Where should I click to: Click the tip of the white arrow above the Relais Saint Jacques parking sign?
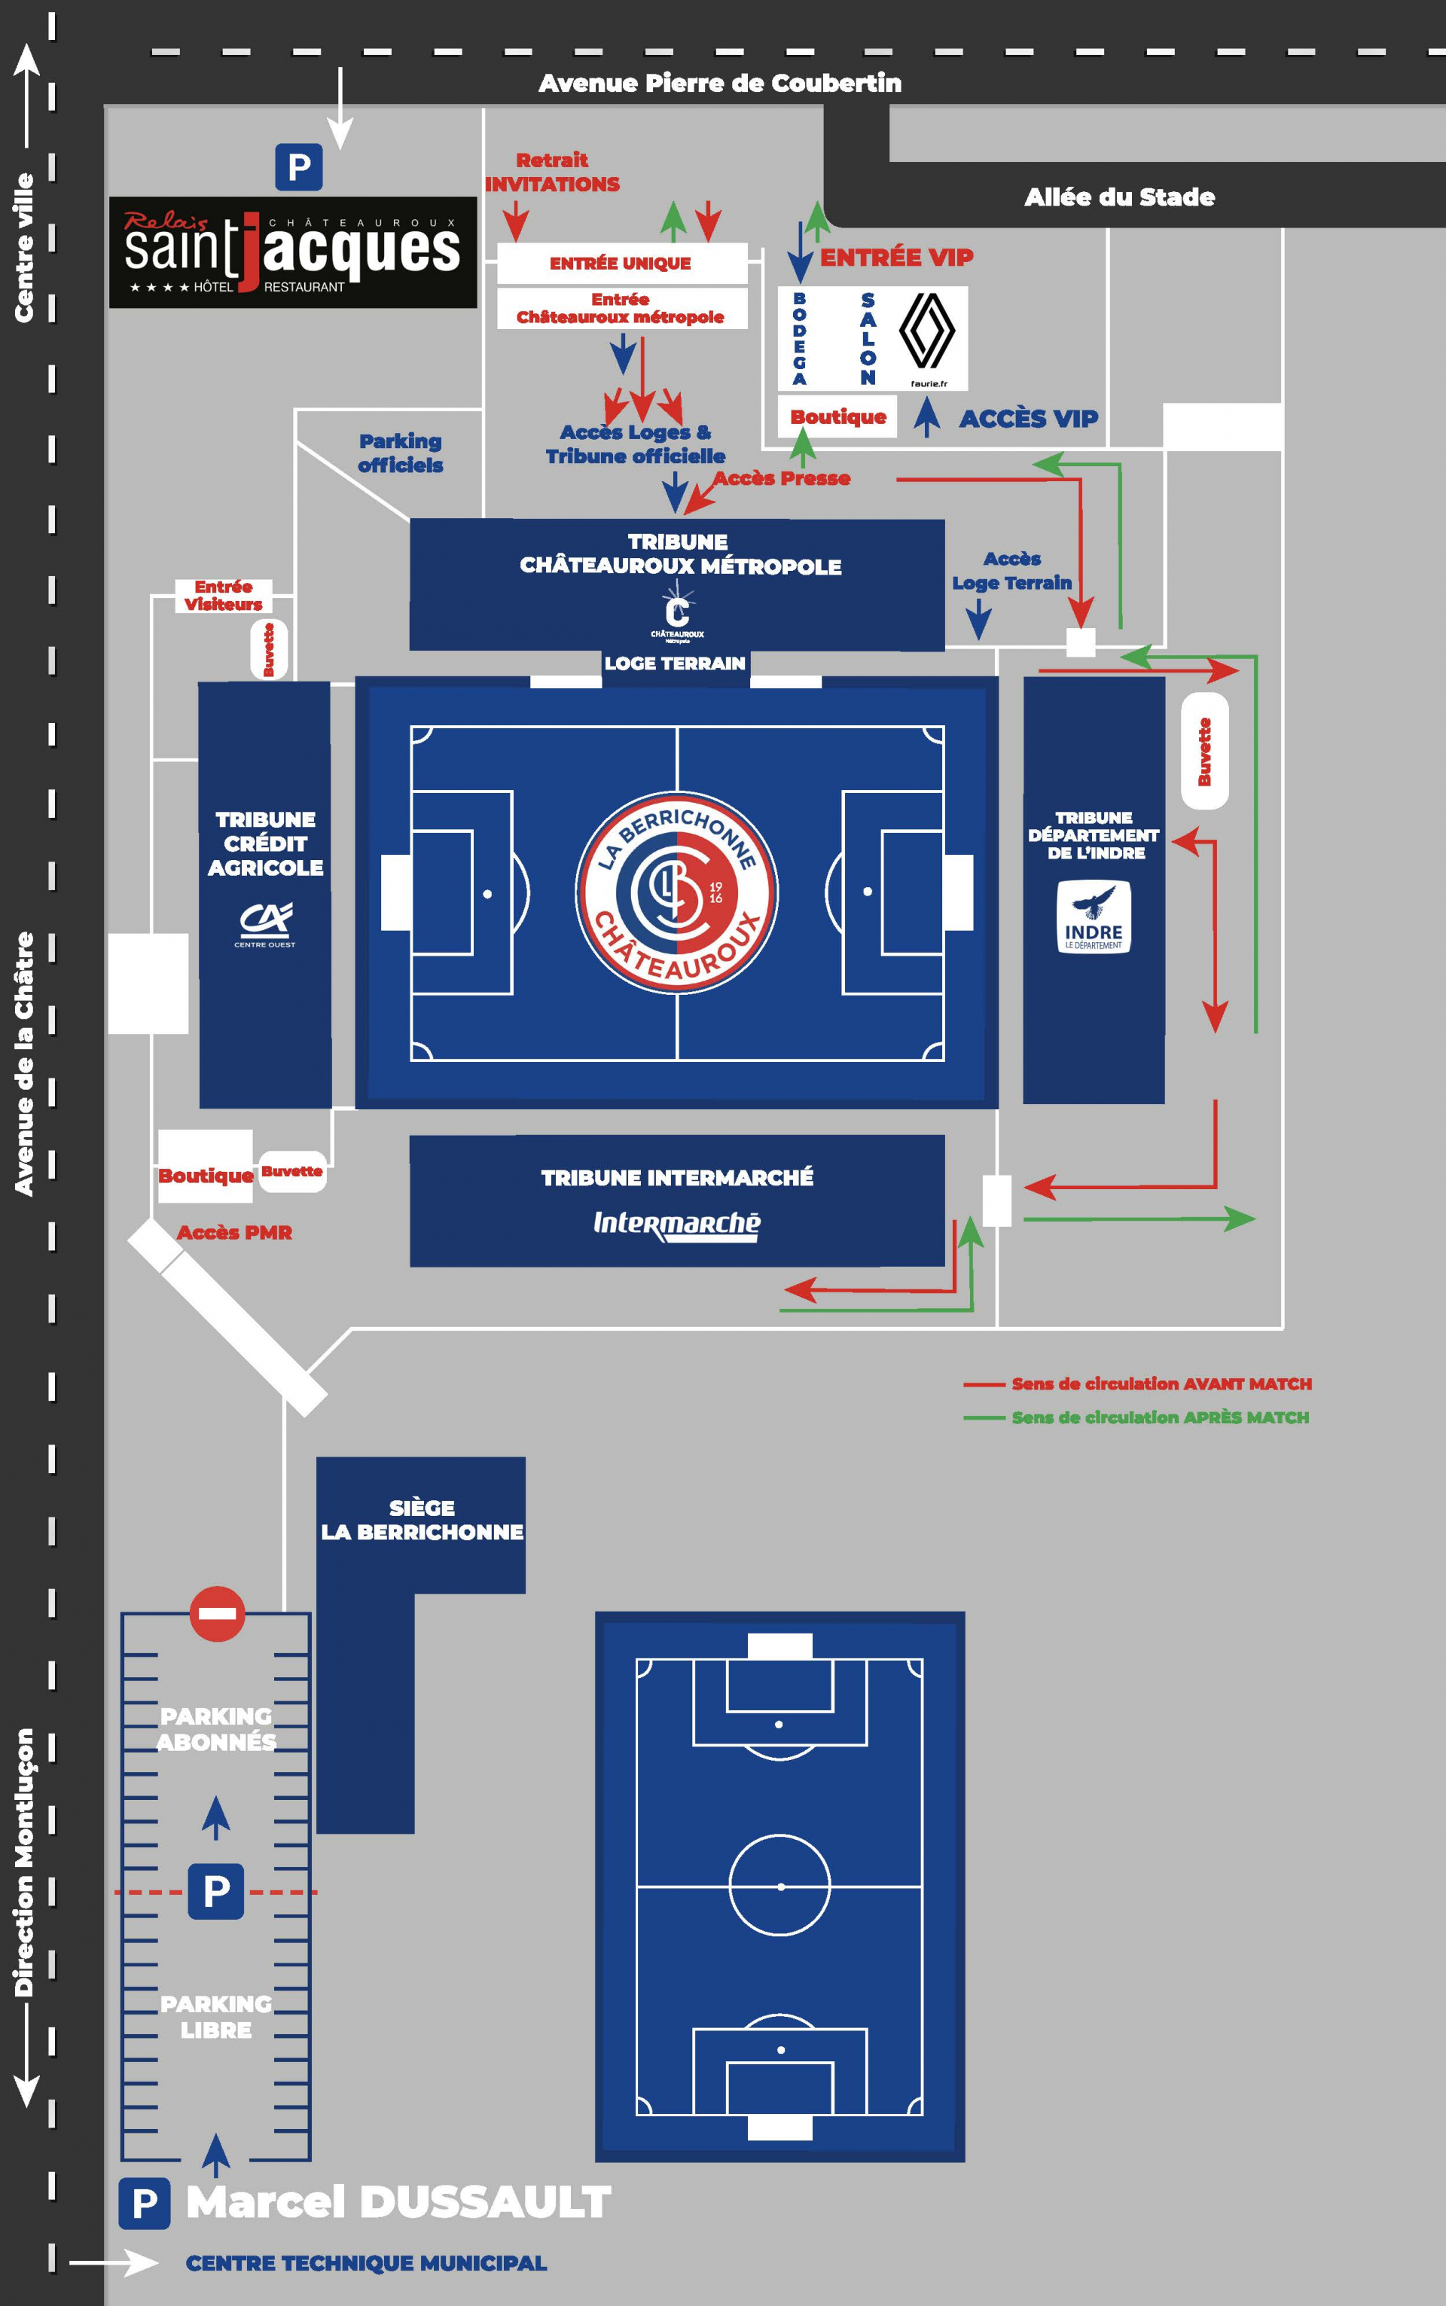(x=340, y=149)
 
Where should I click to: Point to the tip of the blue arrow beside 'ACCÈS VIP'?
(x=926, y=397)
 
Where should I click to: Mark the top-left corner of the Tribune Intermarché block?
(x=410, y=1136)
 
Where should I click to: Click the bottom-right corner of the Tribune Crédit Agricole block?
(x=331, y=1108)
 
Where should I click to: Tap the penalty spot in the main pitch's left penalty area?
(x=488, y=894)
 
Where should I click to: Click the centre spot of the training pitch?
(x=780, y=1887)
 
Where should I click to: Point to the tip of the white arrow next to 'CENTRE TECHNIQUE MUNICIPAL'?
(x=159, y=2263)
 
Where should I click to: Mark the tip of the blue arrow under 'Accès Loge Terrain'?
(x=978, y=639)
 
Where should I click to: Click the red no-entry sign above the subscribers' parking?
(x=217, y=1614)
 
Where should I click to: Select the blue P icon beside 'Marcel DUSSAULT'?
(x=145, y=2204)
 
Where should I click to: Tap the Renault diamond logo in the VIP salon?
(x=926, y=331)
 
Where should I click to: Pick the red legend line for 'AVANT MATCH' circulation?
(x=984, y=1383)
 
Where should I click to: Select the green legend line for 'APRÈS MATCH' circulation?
(x=984, y=1418)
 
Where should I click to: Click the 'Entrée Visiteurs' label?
(x=224, y=596)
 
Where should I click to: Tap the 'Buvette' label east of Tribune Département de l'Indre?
(x=1205, y=752)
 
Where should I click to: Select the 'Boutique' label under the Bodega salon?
(x=837, y=416)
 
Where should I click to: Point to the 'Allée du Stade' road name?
(x=1120, y=197)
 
